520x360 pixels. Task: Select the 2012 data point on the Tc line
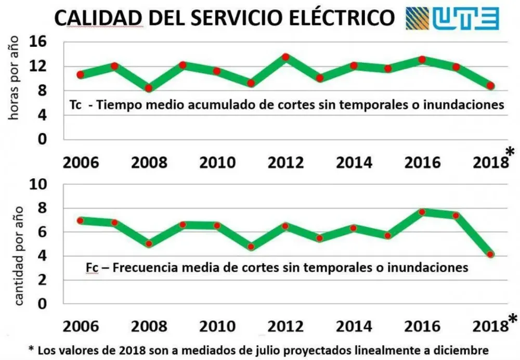click(285, 57)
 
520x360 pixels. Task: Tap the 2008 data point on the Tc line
click(148, 88)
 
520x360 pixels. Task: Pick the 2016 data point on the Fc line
click(422, 212)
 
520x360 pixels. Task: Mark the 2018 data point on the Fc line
click(490, 254)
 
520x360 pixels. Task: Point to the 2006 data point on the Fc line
click(80, 221)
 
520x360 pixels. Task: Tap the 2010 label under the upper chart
click(217, 162)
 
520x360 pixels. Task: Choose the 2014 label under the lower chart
click(354, 326)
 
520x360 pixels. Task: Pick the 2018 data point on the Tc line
click(490, 86)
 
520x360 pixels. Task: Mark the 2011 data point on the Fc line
click(251, 247)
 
